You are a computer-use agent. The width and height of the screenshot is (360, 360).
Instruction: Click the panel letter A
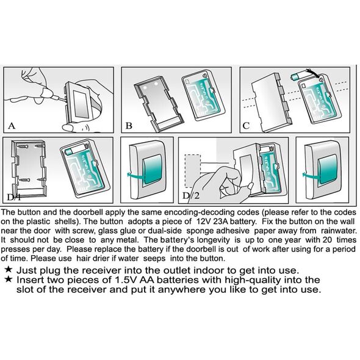tap(11, 126)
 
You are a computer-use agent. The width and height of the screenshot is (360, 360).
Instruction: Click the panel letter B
tap(129, 126)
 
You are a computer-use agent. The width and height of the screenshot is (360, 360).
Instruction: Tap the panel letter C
tap(246, 126)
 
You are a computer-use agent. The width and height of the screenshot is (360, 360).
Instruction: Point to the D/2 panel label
tap(191, 196)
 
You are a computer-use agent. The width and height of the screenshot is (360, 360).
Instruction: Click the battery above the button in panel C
tap(298, 76)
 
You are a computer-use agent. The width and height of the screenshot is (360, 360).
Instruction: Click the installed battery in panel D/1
tap(74, 149)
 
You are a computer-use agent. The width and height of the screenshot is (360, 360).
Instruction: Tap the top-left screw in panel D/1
tap(22, 146)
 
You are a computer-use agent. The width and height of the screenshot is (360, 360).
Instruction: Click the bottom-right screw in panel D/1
tap(41, 179)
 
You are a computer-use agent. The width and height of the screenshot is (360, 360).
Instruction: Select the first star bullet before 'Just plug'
tap(9, 270)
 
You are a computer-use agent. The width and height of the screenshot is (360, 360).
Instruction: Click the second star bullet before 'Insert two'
tap(9, 279)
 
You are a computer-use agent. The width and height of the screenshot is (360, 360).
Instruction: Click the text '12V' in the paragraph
tap(203, 221)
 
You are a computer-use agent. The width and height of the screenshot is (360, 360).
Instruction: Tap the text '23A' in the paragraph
tap(220, 221)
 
